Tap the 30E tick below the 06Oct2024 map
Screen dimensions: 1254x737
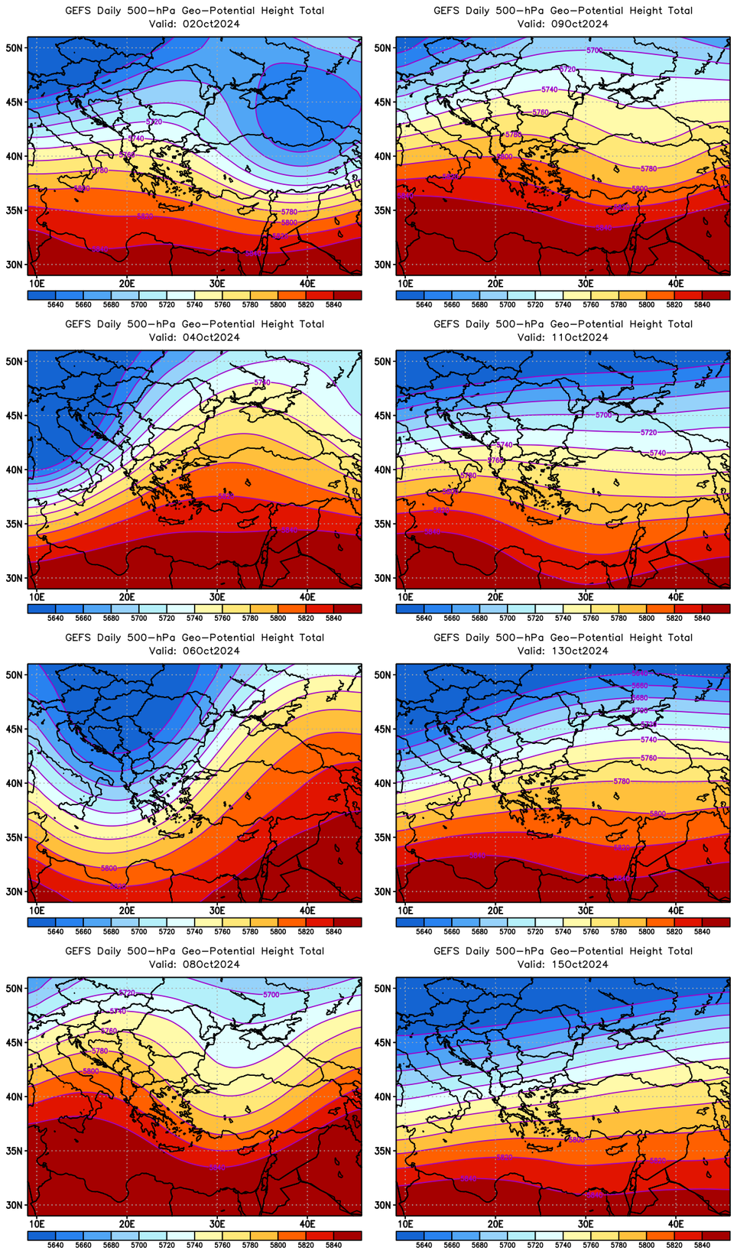coord(217,911)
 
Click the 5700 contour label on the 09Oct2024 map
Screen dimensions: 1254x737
coord(594,50)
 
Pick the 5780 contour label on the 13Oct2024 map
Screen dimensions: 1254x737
coord(622,781)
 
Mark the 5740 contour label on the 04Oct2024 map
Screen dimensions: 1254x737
coord(262,382)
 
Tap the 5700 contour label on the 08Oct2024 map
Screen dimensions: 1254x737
coord(271,995)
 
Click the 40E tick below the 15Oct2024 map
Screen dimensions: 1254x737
coord(676,1224)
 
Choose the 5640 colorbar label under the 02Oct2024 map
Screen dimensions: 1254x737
coord(55,305)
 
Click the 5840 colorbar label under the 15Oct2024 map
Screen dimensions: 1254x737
coord(702,1246)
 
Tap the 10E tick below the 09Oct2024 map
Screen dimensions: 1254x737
coord(405,284)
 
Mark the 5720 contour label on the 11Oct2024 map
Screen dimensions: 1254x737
coord(648,433)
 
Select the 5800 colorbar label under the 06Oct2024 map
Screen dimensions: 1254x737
coord(278,932)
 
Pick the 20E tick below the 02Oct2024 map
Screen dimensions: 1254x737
coord(127,284)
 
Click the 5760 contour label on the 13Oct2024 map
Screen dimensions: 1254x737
coord(648,758)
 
